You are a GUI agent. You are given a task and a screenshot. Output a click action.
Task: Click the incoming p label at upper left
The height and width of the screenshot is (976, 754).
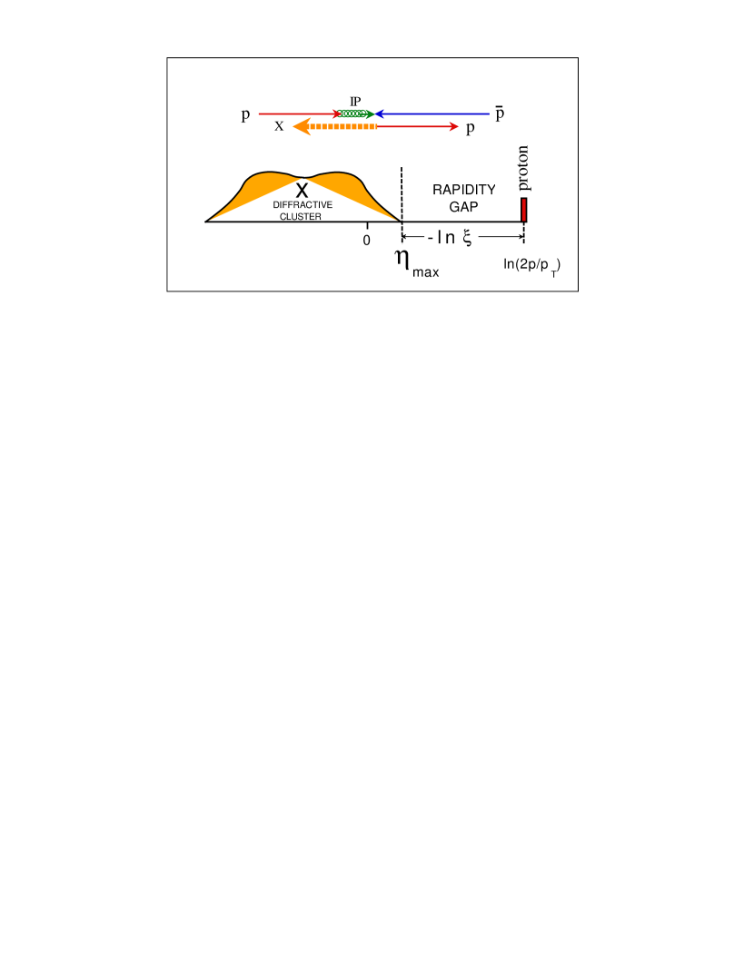(246, 114)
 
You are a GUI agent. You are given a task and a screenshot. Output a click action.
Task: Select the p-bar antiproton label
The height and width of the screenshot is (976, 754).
(501, 113)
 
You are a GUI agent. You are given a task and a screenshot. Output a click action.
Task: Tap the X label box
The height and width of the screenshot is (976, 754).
(280, 126)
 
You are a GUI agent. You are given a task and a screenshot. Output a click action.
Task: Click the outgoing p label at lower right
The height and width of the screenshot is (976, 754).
(471, 127)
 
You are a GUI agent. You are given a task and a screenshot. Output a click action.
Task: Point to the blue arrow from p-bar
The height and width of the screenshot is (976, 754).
(436, 114)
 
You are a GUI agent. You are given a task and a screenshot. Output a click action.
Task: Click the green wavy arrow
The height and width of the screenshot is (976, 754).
(355, 114)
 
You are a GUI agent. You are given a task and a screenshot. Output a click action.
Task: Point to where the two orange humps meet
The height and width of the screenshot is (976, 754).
(303, 179)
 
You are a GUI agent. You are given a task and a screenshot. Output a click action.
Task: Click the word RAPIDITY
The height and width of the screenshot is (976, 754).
(463, 190)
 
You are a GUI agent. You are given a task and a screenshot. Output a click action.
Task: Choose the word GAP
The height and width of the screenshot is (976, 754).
(463, 207)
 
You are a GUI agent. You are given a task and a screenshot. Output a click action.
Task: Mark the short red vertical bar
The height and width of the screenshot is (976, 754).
(524, 210)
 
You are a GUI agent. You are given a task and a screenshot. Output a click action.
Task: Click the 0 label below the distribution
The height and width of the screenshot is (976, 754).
(367, 241)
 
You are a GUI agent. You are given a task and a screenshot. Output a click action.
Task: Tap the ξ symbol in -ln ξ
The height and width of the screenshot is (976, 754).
(467, 237)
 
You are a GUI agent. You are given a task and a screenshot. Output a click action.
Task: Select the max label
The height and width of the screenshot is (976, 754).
(426, 272)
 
